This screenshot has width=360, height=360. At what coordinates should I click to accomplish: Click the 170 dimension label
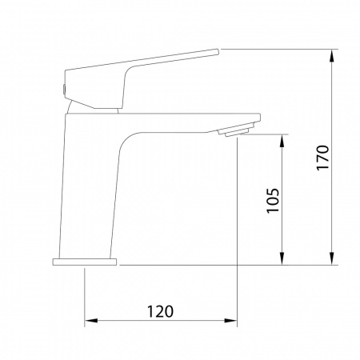click(323, 158)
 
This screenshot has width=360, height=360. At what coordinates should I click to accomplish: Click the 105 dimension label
click(273, 201)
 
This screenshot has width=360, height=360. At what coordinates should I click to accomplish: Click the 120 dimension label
click(160, 311)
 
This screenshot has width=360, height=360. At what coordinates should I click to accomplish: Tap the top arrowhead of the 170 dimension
click(332, 56)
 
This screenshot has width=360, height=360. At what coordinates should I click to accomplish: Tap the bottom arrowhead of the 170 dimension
click(332, 258)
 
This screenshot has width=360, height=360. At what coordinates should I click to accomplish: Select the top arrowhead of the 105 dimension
click(282, 141)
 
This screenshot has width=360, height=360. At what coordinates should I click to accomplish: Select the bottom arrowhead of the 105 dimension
click(282, 258)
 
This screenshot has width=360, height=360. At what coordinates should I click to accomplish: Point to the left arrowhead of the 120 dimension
click(91, 320)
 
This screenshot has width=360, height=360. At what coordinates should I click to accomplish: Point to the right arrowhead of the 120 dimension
click(230, 320)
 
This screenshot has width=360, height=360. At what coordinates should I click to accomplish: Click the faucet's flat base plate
click(85, 262)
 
